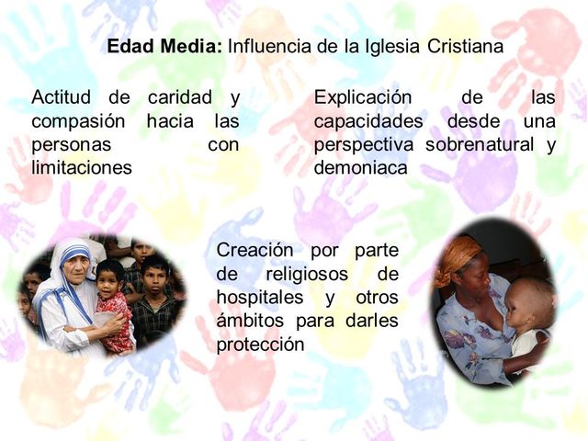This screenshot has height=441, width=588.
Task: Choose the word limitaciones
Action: click(82, 168)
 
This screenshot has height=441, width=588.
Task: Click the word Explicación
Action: click(363, 97)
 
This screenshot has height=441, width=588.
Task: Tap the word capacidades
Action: click(368, 121)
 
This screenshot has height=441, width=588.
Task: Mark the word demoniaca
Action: click(360, 168)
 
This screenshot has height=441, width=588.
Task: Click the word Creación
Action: click(254, 251)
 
